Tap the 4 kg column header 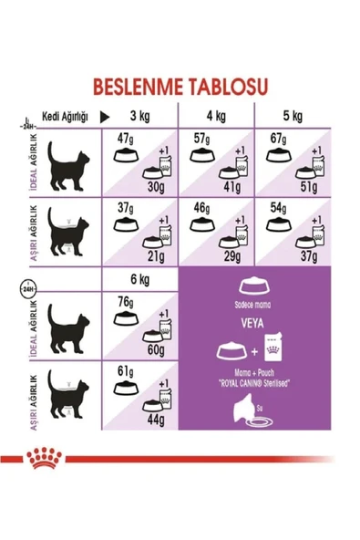(x=215, y=115)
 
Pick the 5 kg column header (x=292, y=115)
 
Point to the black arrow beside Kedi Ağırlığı (x=104, y=116)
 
